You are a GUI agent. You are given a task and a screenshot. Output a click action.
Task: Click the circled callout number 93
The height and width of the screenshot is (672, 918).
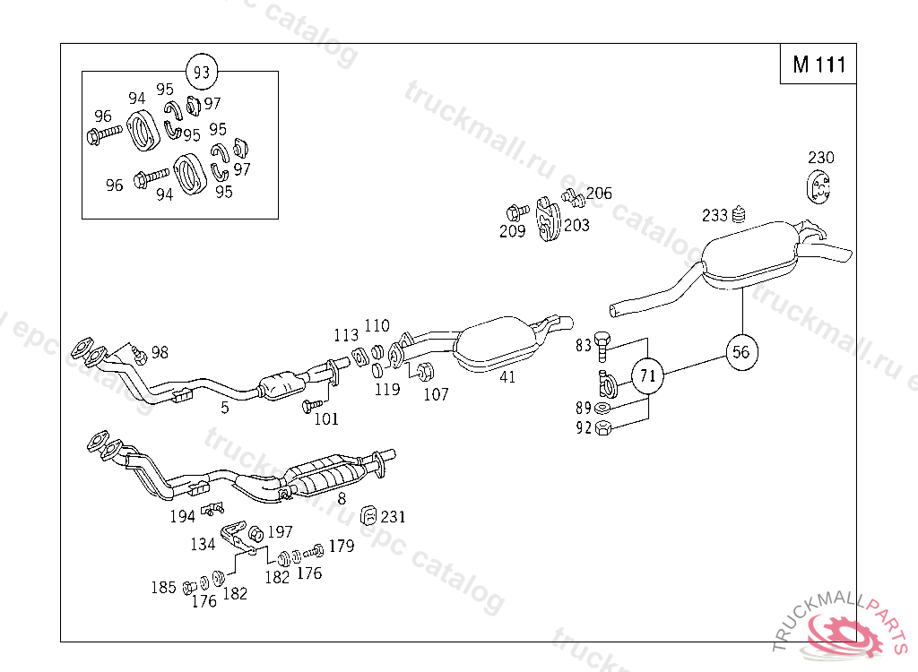click(x=202, y=71)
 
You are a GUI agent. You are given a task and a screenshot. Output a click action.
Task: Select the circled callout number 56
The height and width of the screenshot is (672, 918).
click(x=740, y=351)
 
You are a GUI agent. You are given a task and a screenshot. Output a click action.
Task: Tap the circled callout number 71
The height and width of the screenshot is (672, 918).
click(x=647, y=376)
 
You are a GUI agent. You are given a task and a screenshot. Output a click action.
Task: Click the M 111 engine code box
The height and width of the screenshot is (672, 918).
click(x=818, y=65)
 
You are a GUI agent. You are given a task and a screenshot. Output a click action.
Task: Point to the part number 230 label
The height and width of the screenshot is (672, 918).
click(x=820, y=158)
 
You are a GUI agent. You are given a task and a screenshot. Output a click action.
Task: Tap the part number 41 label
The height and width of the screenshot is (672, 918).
click(x=507, y=377)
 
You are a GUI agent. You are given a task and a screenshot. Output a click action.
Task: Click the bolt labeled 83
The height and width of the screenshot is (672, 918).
click(x=604, y=342)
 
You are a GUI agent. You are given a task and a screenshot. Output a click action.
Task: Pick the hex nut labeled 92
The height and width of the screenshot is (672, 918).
click(x=603, y=427)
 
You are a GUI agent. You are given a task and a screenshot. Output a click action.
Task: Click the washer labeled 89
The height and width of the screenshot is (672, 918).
click(x=603, y=409)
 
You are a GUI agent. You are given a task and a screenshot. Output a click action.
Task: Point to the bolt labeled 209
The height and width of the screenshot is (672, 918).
click(x=515, y=213)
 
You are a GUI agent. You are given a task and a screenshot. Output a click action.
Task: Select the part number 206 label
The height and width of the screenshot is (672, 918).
click(x=599, y=194)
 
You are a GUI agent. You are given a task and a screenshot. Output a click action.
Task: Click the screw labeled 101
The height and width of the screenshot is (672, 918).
click(x=310, y=407)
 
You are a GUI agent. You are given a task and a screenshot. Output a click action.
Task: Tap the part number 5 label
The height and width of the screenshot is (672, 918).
click(x=225, y=408)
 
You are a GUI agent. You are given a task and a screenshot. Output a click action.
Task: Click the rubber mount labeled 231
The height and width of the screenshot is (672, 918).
click(x=368, y=515)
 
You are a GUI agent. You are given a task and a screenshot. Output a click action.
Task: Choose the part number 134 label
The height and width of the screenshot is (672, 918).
click(x=203, y=544)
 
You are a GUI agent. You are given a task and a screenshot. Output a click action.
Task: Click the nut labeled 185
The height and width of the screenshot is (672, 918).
click(x=189, y=588)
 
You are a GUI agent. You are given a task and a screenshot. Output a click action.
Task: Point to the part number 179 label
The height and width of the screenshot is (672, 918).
click(x=341, y=546)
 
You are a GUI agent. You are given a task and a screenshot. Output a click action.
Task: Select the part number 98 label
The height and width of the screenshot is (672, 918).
click(x=160, y=352)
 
